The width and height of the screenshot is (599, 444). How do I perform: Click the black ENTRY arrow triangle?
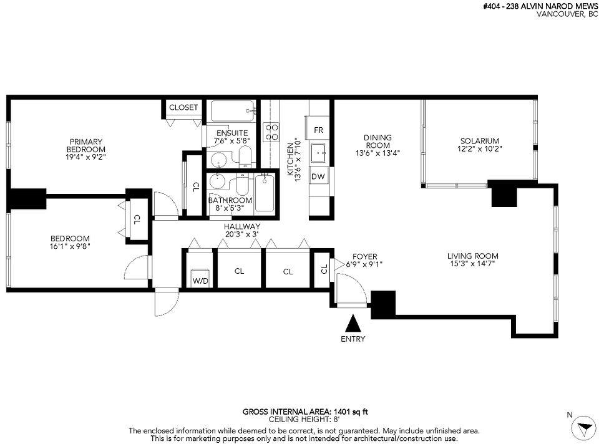pos(353,324)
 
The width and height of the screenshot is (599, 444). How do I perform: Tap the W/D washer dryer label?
pos(200,281)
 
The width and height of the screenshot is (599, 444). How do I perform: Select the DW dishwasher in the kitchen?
pos(318,176)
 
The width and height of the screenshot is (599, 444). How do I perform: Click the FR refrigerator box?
pos(318,130)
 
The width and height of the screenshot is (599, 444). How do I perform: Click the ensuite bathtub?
pos(233,111)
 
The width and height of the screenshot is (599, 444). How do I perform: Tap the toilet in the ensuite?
pos(245,157)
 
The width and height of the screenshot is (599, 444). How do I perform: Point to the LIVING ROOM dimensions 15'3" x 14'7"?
pos(472,263)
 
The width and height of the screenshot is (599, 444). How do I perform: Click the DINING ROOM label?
pos(377,142)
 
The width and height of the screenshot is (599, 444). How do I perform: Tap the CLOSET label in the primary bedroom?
pos(183,107)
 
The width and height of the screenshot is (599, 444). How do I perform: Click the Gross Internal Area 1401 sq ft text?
pos(305,412)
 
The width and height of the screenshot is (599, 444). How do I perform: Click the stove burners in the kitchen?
pos(271,132)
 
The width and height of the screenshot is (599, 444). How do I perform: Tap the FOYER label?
pos(364,256)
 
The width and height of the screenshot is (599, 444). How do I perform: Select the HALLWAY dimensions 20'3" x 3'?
pos(242,234)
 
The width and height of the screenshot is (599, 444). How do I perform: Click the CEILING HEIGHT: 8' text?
pos(304,419)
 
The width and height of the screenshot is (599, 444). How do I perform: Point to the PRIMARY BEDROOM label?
pos(86,145)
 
